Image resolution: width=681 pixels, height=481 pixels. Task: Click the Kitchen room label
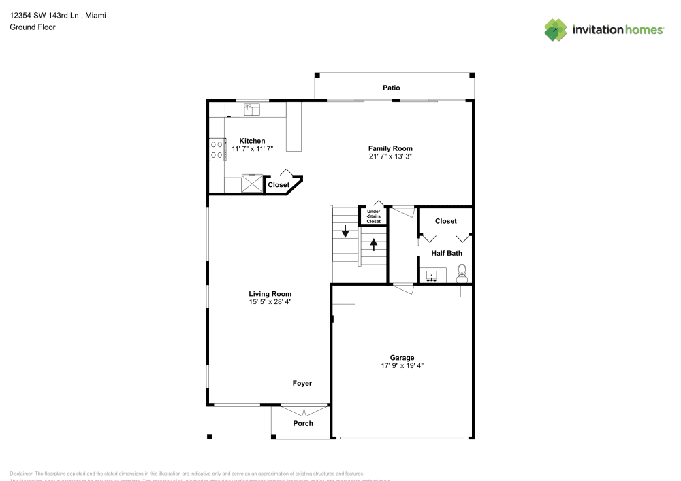(x=252, y=141)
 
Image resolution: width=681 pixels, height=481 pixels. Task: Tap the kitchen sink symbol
(x=251, y=108)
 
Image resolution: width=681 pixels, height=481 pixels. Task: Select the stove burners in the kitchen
(x=217, y=149)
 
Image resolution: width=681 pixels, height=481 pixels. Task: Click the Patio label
(x=391, y=88)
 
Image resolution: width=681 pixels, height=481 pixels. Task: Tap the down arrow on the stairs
(x=345, y=232)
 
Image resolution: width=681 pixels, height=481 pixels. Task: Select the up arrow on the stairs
(x=374, y=244)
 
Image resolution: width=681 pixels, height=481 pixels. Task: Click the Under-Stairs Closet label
(x=374, y=216)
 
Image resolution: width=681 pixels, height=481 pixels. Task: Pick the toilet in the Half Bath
(x=462, y=275)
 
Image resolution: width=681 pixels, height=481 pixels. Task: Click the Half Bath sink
(x=431, y=276)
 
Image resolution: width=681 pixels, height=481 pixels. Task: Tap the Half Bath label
(x=447, y=253)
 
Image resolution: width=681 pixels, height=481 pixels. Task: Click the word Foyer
(x=302, y=383)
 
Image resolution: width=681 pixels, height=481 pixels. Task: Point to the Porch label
(x=303, y=423)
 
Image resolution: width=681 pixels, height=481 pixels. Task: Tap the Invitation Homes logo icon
(x=556, y=30)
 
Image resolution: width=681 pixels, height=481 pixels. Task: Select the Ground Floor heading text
(x=33, y=27)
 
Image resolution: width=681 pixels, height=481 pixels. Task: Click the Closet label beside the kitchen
(x=279, y=185)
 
